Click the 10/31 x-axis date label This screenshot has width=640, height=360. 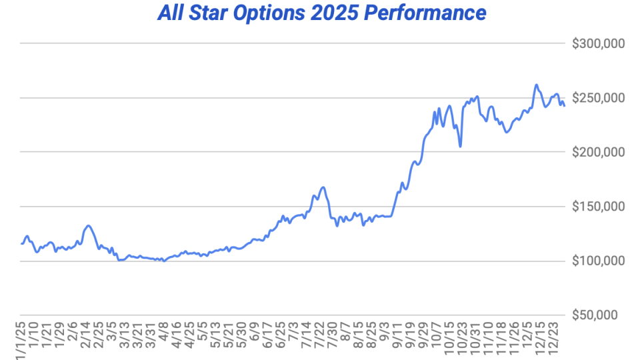click(475, 336)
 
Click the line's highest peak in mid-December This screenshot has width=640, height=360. click(536, 85)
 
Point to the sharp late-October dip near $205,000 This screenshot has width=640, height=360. click(461, 146)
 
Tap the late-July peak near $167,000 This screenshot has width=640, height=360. click(323, 187)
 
